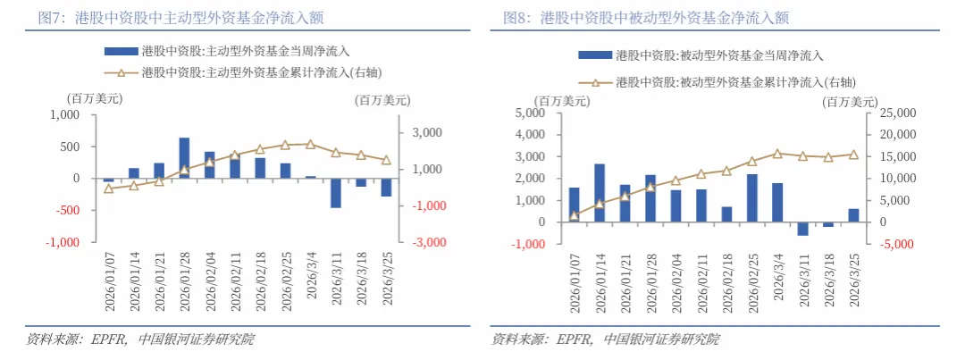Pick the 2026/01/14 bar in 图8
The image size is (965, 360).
pyautogui.click(x=600, y=192)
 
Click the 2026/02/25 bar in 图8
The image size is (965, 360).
pyautogui.click(x=751, y=197)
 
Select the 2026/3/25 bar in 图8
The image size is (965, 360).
pyautogui.click(x=853, y=214)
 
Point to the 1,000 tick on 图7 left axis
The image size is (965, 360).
pyautogui.click(x=64, y=115)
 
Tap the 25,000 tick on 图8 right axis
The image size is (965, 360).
pyautogui.click(x=892, y=113)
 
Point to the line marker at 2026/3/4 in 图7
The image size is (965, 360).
pyautogui.click(x=310, y=144)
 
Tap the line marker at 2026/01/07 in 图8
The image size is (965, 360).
pyautogui.click(x=574, y=215)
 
